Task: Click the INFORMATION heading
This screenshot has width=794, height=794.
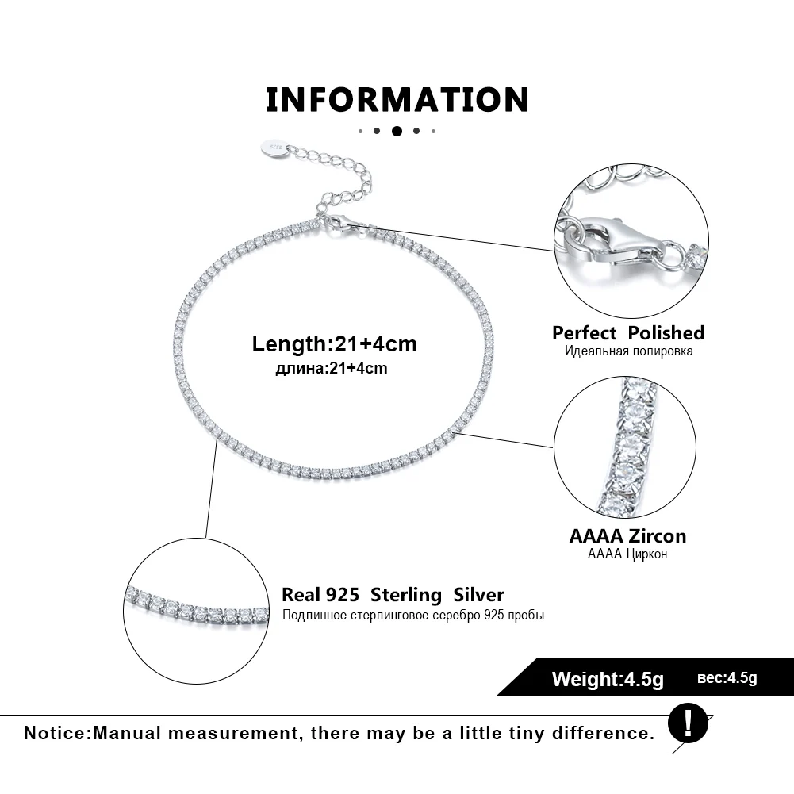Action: pyautogui.click(x=397, y=101)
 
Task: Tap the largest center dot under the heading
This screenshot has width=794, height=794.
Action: pyautogui.click(x=397, y=131)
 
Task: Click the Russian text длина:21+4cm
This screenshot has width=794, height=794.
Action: pyautogui.click(x=331, y=367)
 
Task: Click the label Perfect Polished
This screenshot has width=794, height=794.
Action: pyautogui.click(x=628, y=332)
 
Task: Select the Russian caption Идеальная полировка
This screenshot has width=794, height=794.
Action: pyautogui.click(x=629, y=351)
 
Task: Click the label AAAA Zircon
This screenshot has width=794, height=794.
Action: pyautogui.click(x=627, y=535)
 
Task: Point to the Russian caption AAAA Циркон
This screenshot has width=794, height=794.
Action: pyautogui.click(x=627, y=554)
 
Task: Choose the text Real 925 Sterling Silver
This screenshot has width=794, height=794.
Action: pyautogui.click(x=393, y=595)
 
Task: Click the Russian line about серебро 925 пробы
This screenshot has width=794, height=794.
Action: pyautogui.click(x=412, y=615)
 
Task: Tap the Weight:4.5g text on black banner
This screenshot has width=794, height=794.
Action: pyautogui.click(x=607, y=679)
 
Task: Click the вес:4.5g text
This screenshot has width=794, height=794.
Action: pyautogui.click(x=727, y=677)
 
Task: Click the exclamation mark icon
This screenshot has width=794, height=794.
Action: pyautogui.click(x=687, y=722)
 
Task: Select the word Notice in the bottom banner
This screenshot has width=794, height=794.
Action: pyautogui.click(x=56, y=732)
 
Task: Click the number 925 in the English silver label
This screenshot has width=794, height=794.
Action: pyautogui.click(x=343, y=595)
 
